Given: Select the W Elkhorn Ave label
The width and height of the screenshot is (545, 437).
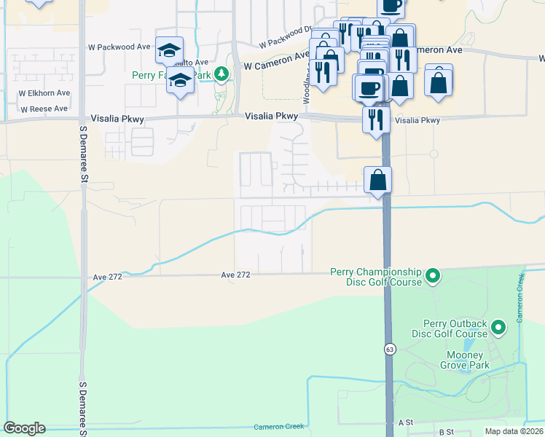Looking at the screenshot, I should (x=44, y=93).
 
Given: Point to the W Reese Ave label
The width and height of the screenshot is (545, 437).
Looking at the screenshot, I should (x=44, y=109).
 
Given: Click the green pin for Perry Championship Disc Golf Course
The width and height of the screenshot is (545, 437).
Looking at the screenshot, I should (x=433, y=276).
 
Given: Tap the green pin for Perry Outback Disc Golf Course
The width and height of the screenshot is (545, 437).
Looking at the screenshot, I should (x=499, y=328).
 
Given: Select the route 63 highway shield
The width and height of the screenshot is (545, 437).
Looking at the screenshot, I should (x=390, y=350).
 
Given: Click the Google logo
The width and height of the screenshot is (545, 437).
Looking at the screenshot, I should (x=24, y=428).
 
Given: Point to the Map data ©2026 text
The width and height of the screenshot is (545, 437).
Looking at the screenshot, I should (x=514, y=431).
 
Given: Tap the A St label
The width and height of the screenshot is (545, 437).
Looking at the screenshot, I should (x=405, y=422).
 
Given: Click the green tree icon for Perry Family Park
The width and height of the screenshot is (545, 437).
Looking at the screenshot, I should (x=224, y=73).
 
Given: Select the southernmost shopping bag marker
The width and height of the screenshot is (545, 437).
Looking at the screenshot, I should (x=378, y=179).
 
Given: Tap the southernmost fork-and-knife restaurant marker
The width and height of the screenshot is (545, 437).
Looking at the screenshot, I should (x=376, y=118).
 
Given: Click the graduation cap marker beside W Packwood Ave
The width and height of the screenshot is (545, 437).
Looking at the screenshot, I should (x=169, y=50).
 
